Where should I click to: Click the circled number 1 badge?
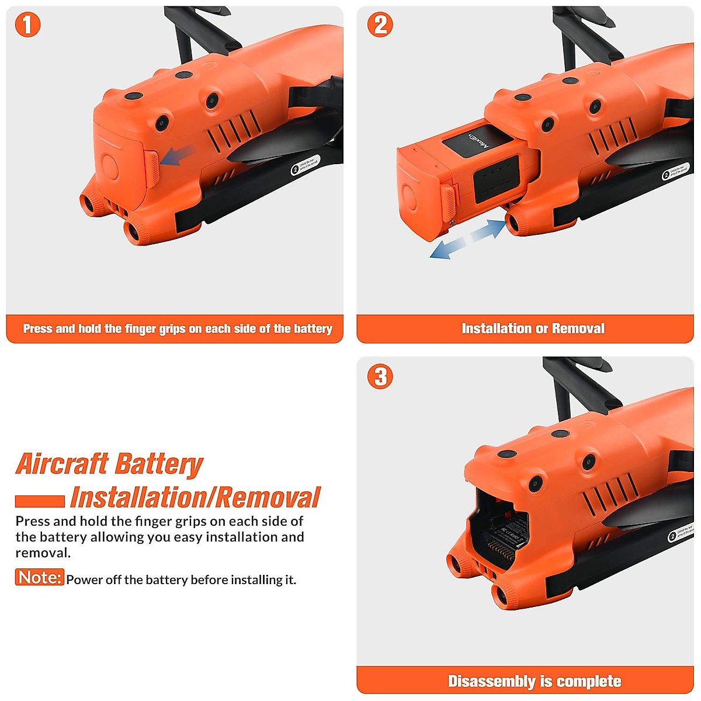[x=27, y=25]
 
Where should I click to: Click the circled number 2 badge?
[x=380, y=25]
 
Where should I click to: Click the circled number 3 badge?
[x=380, y=376]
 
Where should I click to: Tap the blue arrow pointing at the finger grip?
[x=177, y=155]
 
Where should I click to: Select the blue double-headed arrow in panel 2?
[x=467, y=239]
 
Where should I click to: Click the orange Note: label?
[x=39, y=577]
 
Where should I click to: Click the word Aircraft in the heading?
[x=62, y=464]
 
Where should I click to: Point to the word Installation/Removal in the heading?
[x=195, y=498]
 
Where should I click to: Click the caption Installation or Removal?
[x=533, y=328]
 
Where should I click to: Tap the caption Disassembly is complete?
[x=534, y=681]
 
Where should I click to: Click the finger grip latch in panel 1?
[x=151, y=169]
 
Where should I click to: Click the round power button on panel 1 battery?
[x=109, y=167]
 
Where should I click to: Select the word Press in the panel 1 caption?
[x=37, y=329]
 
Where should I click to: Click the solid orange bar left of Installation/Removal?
[x=40, y=501]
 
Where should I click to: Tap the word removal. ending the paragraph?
[x=43, y=553]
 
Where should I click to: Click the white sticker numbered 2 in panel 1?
[x=306, y=165]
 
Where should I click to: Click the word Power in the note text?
[x=84, y=579]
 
